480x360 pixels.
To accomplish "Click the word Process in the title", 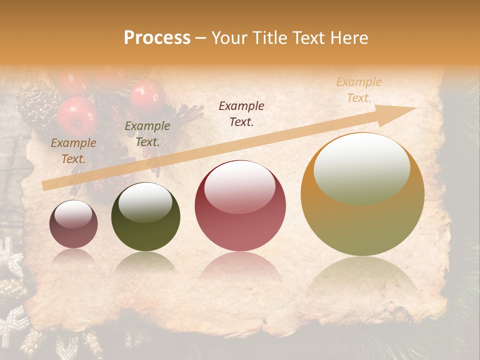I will tap(157, 38).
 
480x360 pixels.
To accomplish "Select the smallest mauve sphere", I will tap(73, 224).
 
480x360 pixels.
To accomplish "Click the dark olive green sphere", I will tap(145, 216).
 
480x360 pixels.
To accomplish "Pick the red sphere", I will tap(240, 206).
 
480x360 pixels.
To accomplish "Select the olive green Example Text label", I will tap(147, 134).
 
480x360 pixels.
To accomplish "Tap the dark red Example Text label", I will tap(241, 113).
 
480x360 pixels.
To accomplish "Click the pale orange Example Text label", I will tap(358, 90).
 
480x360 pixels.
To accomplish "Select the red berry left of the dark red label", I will tap(147, 95).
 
